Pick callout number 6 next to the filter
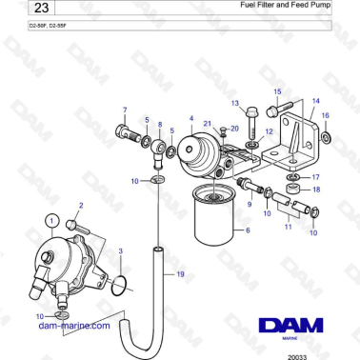[x=248, y=230]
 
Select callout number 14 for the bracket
[x=316, y=100]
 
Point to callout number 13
[x=234, y=102]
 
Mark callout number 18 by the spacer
[x=316, y=189]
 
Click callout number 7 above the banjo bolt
[x=125, y=110]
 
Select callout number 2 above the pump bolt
[x=81, y=205]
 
